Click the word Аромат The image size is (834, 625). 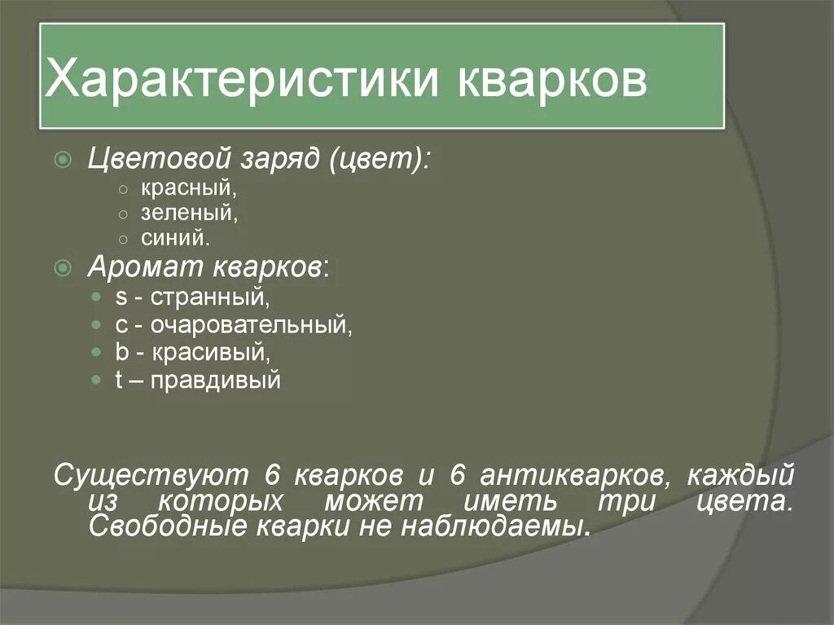[x=147, y=267]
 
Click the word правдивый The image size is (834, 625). [x=216, y=380]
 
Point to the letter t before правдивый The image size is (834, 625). [x=119, y=380]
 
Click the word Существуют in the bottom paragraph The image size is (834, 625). [x=151, y=475]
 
